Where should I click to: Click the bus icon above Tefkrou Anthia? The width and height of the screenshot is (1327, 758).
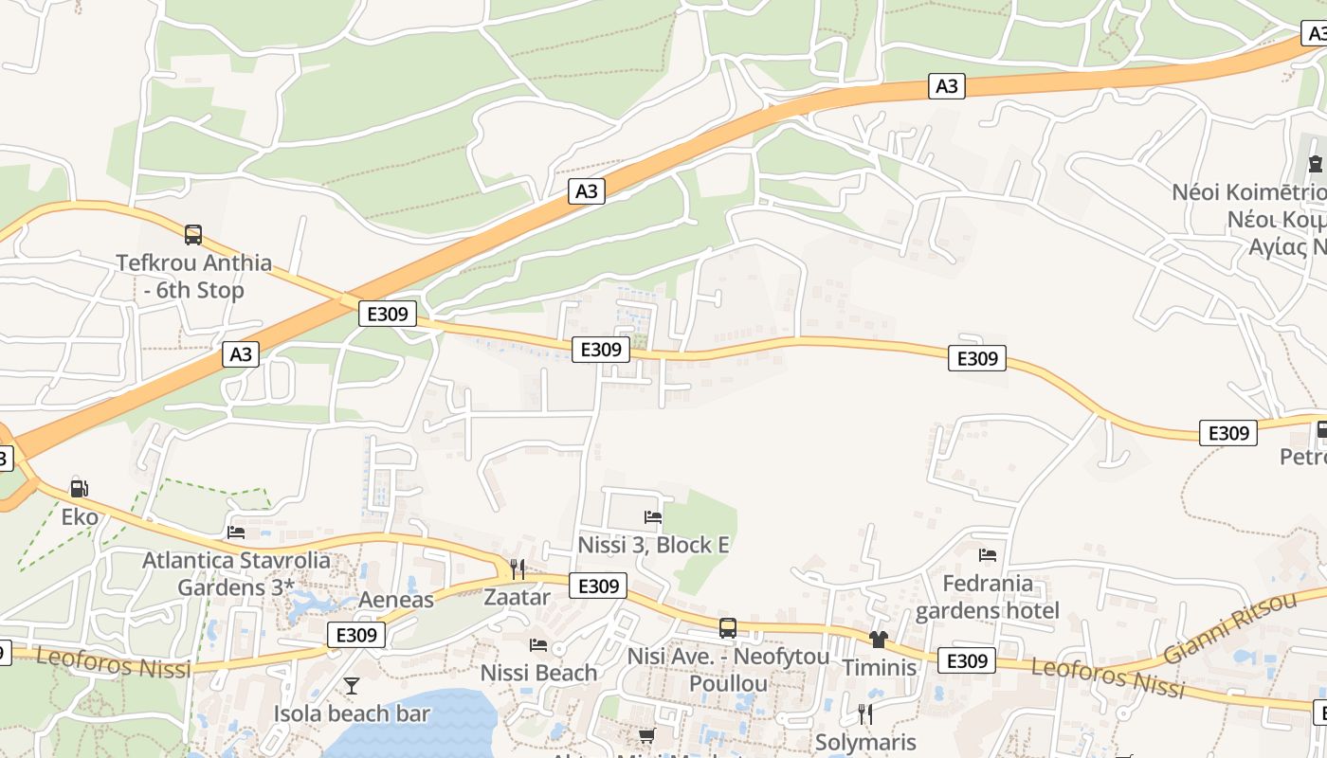(x=193, y=234)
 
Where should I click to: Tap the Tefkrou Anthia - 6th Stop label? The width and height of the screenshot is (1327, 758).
(x=193, y=276)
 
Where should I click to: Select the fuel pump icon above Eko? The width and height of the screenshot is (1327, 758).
(x=80, y=489)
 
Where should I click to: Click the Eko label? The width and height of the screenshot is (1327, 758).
(x=80, y=516)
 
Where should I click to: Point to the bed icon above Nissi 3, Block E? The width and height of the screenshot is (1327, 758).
(x=653, y=517)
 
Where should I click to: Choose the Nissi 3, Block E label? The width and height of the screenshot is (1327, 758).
(x=653, y=545)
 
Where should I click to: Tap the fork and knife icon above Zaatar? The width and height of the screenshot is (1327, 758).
(x=517, y=568)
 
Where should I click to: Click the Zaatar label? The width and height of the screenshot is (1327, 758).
(x=517, y=597)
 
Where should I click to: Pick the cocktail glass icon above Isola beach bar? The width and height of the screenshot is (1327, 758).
(x=352, y=685)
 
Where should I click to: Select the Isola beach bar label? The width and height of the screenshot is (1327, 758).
(x=352, y=713)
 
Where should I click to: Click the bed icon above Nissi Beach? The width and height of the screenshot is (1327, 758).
(x=538, y=645)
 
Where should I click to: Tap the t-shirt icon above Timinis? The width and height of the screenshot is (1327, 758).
(x=879, y=640)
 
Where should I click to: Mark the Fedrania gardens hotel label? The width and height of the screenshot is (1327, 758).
(x=987, y=596)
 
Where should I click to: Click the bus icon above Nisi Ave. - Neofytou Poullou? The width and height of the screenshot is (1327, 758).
(x=728, y=627)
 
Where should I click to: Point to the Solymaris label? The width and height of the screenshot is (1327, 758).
(x=865, y=742)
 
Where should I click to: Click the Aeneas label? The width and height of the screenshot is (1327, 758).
(x=395, y=599)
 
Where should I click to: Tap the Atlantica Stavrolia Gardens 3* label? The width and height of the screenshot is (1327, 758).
(x=236, y=573)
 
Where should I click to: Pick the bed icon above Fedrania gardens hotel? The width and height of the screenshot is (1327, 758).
(x=988, y=555)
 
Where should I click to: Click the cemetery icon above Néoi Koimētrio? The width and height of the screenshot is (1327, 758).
(x=1316, y=165)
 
